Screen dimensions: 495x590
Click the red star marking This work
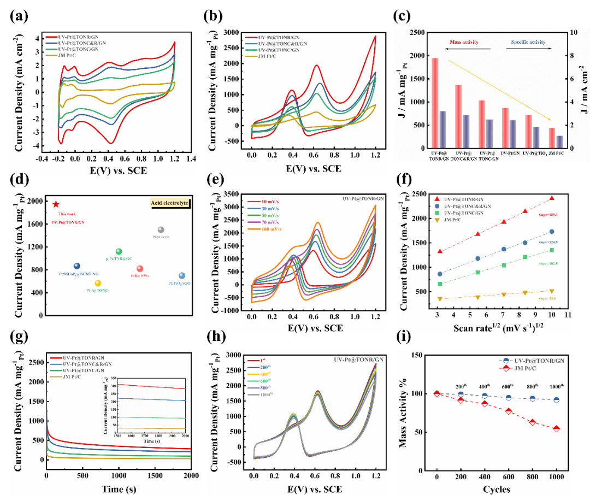click(x=56, y=204)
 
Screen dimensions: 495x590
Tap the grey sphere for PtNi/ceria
click(x=161, y=230)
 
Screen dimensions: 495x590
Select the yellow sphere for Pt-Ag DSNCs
click(x=98, y=283)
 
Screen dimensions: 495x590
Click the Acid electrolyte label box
click(x=169, y=203)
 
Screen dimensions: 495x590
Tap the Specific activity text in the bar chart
click(x=528, y=42)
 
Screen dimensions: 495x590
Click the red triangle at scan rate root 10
click(x=552, y=198)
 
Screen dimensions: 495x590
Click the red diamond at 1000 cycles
click(x=556, y=429)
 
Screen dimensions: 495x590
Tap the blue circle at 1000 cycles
click(x=556, y=400)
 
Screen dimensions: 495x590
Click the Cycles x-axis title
click(x=497, y=488)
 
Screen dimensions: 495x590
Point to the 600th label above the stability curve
click(x=508, y=386)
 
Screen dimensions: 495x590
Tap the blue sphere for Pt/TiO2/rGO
click(x=182, y=276)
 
